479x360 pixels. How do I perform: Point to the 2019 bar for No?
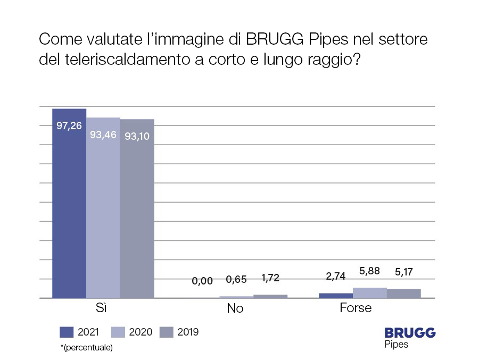pyautogui.click(x=270, y=296)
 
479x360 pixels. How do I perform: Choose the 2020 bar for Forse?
pyautogui.click(x=370, y=292)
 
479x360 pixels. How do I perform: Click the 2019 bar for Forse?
pyautogui.click(x=404, y=294)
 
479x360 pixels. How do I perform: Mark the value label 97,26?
pyautogui.click(x=69, y=127)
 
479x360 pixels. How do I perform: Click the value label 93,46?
pyautogui.click(x=103, y=135)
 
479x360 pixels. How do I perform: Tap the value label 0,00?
pyautogui.click(x=203, y=281)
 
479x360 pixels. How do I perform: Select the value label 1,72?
pyautogui.click(x=270, y=278)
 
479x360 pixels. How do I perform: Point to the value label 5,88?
pyautogui.click(x=370, y=271)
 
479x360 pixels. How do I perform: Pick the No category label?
pyautogui.click(x=235, y=308)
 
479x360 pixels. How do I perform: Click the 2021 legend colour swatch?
pyautogui.click(x=67, y=332)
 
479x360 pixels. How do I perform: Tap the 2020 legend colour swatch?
pyautogui.click(x=118, y=332)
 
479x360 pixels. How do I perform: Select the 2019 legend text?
pyautogui.click(x=188, y=332)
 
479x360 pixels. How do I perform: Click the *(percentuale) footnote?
pyautogui.click(x=87, y=348)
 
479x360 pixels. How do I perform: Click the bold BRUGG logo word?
pyautogui.click(x=410, y=333)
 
